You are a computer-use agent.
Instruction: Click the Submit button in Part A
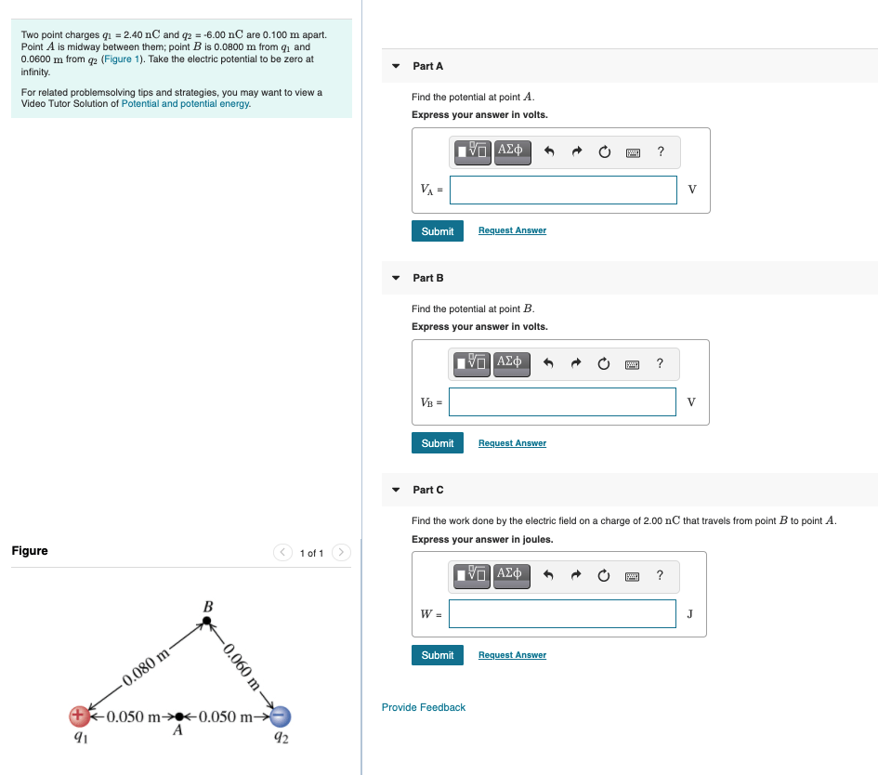click(437, 231)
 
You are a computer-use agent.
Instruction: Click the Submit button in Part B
click(437, 443)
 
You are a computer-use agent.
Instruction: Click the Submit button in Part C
click(437, 655)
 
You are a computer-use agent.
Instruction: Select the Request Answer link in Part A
click(512, 230)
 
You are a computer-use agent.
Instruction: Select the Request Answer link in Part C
click(512, 655)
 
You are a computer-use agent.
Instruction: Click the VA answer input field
click(563, 190)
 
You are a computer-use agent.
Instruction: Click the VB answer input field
click(563, 401)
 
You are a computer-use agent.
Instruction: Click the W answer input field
click(563, 613)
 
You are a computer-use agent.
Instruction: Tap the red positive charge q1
click(80, 716)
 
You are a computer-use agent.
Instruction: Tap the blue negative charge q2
click(282, 716)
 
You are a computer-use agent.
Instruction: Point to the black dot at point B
click(207, 624)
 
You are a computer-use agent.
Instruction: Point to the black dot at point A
click(180, 716)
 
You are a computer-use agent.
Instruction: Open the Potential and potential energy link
click(186, 103)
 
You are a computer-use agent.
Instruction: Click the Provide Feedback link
click(424, 707)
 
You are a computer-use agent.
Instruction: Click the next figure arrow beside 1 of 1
click(341, 553)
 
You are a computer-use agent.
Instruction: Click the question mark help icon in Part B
click(660, 363)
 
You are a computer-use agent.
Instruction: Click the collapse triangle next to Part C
click(396, 489)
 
